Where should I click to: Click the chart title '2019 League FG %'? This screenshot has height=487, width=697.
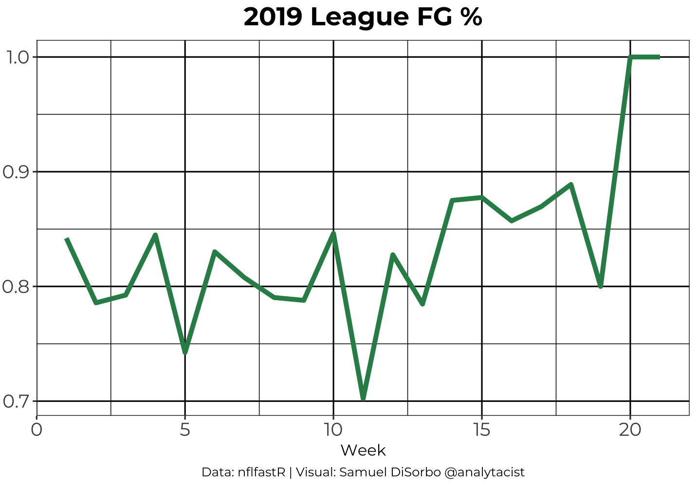[x=363, y=18]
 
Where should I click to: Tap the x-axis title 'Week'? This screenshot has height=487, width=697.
[x=363, y=451]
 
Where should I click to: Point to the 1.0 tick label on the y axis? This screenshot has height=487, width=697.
[x=17, y=57]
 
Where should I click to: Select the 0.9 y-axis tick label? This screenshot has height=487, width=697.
[x=17, y=172]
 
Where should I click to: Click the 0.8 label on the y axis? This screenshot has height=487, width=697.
[x=17, y=287]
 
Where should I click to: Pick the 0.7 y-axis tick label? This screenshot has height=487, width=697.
[x=17, y=401]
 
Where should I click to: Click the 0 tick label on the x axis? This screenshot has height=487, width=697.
[x=37, y=430]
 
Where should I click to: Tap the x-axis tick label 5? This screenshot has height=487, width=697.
[x=185, y=430]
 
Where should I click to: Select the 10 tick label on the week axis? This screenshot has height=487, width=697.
[x=333, y=430]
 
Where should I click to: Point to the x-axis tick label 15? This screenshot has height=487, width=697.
[x=482, y=430]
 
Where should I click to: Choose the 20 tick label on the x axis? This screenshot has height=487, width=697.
[x=630, y=430]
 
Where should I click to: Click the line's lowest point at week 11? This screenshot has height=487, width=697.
[x=363, y=398]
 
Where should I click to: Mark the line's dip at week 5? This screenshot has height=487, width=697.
[x=185, y=352]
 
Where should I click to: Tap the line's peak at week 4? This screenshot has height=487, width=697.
[x=155, y=235]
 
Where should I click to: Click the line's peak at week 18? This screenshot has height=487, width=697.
[x=571, y=184]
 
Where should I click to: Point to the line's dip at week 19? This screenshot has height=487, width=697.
[x=601, y=286]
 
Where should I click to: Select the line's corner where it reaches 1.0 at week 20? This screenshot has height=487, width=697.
[x=630, y=57]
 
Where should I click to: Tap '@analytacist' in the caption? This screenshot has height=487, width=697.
[x=484, y=472]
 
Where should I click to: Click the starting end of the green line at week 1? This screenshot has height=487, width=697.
[x=67, y=239]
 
